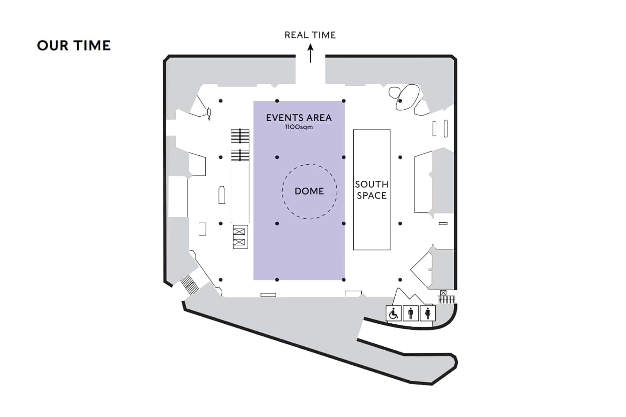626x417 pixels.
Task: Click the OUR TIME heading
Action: click(x=74, y=46)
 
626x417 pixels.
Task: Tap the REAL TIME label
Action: click(x=310, y=35)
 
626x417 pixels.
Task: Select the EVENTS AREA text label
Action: click(x=299, y=118)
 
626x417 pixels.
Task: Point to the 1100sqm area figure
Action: click(x=299, y=127)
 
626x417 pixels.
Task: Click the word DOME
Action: click(x=309, y=191)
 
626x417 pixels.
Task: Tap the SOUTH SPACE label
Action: click(x=372, y=190)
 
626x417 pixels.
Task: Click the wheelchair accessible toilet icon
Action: click(x=394, y=313)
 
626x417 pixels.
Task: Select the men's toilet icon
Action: click(x=411, y=313)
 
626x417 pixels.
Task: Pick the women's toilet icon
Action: click(x=428, y=313)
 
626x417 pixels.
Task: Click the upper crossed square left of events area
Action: click(x=240, y=231)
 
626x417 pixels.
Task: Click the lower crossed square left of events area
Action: click(x=240, y=243)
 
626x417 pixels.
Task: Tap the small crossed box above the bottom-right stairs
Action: click(x=443, y=293)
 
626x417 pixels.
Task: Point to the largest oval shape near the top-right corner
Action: click(x=407, y=97)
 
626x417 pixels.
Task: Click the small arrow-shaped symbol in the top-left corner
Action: click(x=209, y=113)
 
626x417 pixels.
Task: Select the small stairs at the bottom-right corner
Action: click(x=447, y=299)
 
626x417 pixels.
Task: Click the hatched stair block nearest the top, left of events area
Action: click(x=240, y=136)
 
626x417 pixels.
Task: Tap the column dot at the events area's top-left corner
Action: click(x=277, y=101)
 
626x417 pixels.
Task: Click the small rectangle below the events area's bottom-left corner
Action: click(x=268, y=295)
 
